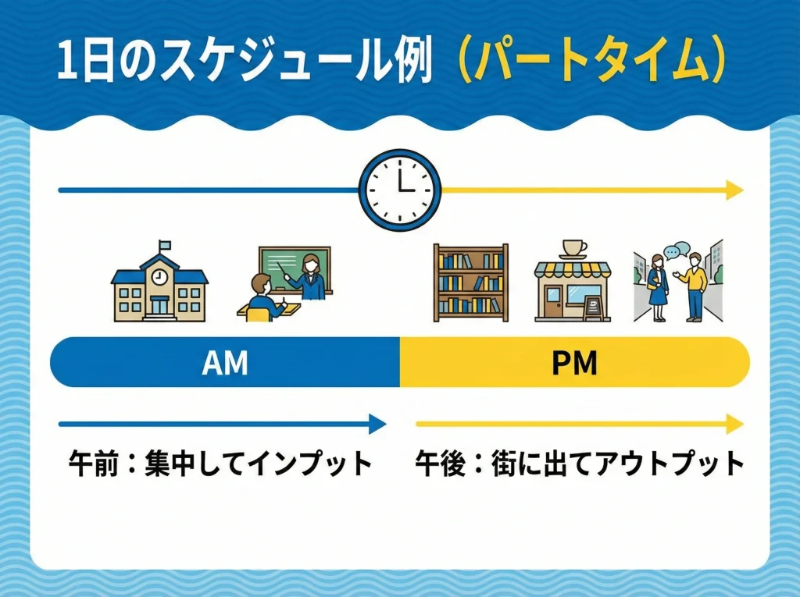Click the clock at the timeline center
pyautogui.click(x=399, y=190)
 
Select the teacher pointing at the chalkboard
pyautogui.click(x=310, y=277)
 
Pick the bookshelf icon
pyautogui.click(x=471, y=283)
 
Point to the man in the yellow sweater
pyautogui.click(x=694, y=286)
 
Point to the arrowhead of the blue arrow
pyautogui.click(x=378, y=425)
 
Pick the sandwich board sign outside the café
pyautogui.click(x=595, y=306)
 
